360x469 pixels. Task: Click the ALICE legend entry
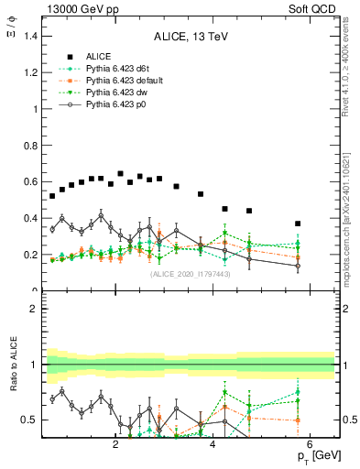[98, 56]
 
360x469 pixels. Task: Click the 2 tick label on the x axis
[115, 445]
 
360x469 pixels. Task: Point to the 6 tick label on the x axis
[310, 445]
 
